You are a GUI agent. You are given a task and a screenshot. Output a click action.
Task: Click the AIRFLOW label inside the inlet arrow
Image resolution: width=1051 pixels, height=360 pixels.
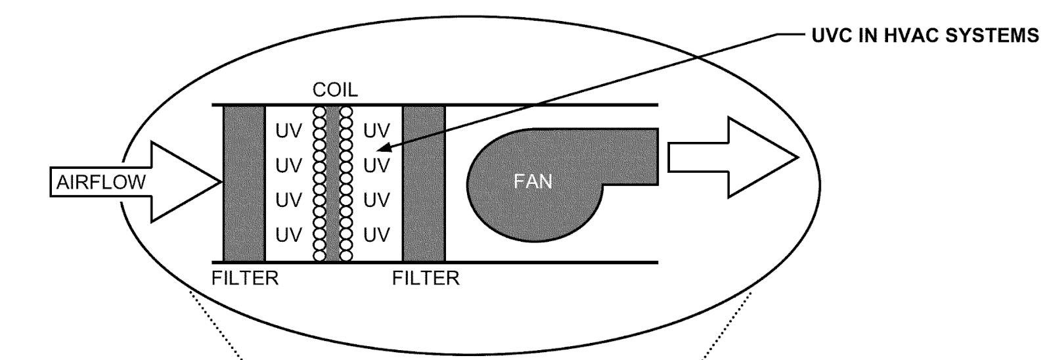click(x=101, y=182)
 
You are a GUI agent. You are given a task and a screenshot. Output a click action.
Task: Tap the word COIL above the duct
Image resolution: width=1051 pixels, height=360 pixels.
click(x=335, y=89)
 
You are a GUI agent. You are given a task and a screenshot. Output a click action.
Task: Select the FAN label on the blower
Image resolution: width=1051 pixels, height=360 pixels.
click(x=533, y=181)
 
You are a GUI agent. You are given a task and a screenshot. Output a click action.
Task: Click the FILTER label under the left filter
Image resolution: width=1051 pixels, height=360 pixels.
click(x=245, y=279)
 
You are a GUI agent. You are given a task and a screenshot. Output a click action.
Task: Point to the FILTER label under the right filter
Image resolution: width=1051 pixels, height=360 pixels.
click(x=426, y=279)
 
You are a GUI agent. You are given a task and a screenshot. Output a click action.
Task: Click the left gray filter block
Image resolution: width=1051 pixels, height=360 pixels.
click(x=244, y=183)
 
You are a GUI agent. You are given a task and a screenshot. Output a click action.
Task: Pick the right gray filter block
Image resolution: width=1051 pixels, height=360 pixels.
click(x=424, y=183)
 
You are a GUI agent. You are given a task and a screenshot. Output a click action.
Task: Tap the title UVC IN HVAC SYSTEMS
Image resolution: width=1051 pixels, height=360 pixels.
click(x=925, y=35)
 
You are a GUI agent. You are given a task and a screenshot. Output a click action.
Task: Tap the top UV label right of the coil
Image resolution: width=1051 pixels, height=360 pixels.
click(x=376, y=131)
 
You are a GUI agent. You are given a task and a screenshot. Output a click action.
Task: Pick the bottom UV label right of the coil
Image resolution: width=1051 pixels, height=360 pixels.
click(x=376, y=235)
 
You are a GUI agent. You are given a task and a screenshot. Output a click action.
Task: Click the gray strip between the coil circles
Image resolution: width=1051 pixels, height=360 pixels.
click(x=333, y=183)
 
